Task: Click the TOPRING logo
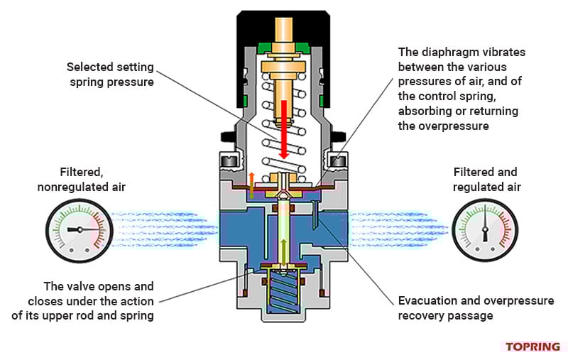point(532,347)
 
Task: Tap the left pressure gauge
point(79,229)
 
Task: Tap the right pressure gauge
point(486,229)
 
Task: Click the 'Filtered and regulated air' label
point(486,179)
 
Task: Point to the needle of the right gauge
point(486,224)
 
